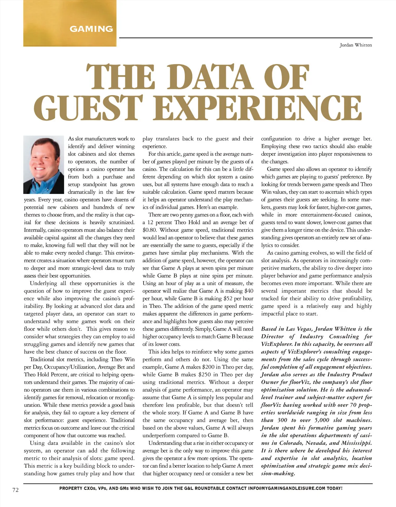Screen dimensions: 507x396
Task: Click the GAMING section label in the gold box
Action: [91, 29]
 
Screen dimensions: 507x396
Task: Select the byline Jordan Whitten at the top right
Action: [356, 45]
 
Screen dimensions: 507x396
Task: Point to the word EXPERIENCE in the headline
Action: [261, 108]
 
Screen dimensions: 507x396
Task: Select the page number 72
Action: [16, 490]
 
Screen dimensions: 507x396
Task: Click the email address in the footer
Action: [286, 488]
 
